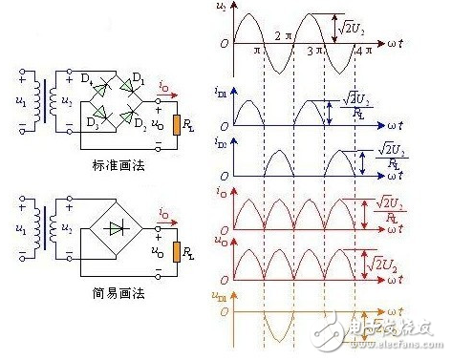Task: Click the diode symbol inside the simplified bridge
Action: coord(116,229)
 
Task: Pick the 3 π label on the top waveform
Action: coord(320,50)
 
